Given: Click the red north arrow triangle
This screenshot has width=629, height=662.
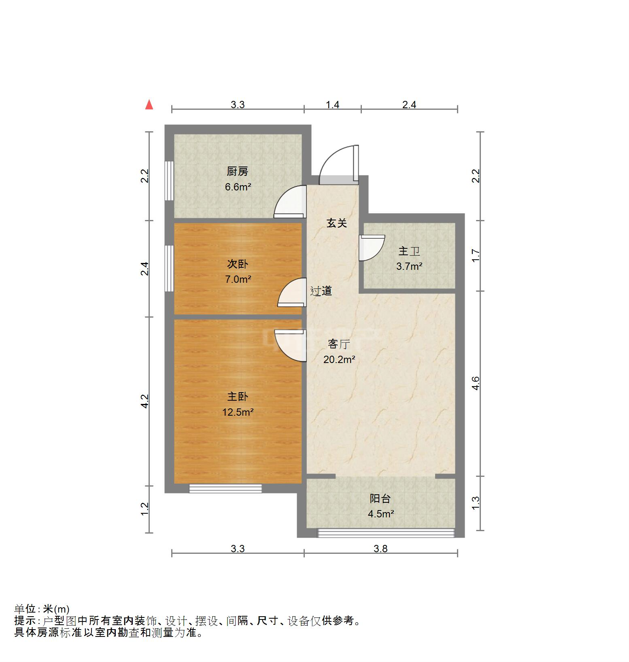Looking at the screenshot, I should click(149, 105).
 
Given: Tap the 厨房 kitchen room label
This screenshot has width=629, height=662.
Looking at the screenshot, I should click(237, 171).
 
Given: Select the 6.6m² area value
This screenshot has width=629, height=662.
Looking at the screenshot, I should click(238, 187).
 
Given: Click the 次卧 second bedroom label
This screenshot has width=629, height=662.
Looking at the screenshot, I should click(237, 264).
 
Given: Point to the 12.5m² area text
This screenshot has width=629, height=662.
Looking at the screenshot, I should click(238, 412).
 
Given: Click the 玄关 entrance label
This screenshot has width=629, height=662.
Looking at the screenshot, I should click(337, 223).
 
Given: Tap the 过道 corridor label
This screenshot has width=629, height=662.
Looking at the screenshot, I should click(321, 291).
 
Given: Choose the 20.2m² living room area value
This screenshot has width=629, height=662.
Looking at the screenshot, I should click(339, 359).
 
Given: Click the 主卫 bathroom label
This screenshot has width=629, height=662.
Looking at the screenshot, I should click(409, 251).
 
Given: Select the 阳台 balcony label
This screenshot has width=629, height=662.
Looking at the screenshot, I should click(380, 499).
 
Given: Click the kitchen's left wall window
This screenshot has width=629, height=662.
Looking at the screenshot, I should click(169, 180).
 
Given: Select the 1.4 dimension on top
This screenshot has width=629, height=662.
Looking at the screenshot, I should click(332, 105).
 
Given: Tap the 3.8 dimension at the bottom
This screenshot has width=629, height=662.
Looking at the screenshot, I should click(380, 549).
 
